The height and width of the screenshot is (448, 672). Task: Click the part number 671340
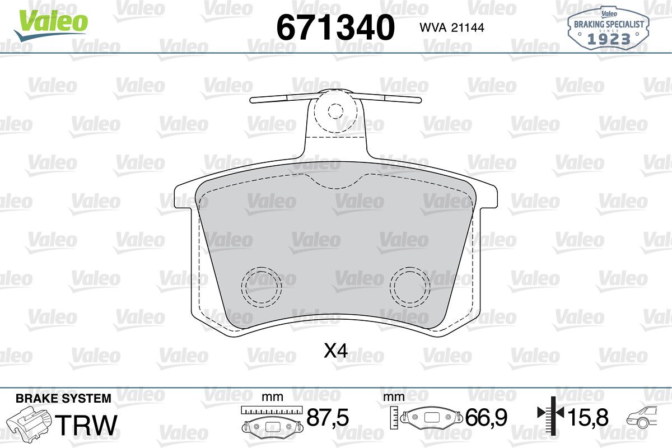[335, 27]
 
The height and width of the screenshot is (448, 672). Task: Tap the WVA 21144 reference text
[452, 27]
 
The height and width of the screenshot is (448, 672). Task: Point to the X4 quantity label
[336, 351]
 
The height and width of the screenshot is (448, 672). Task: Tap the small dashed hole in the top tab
[335, 111]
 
